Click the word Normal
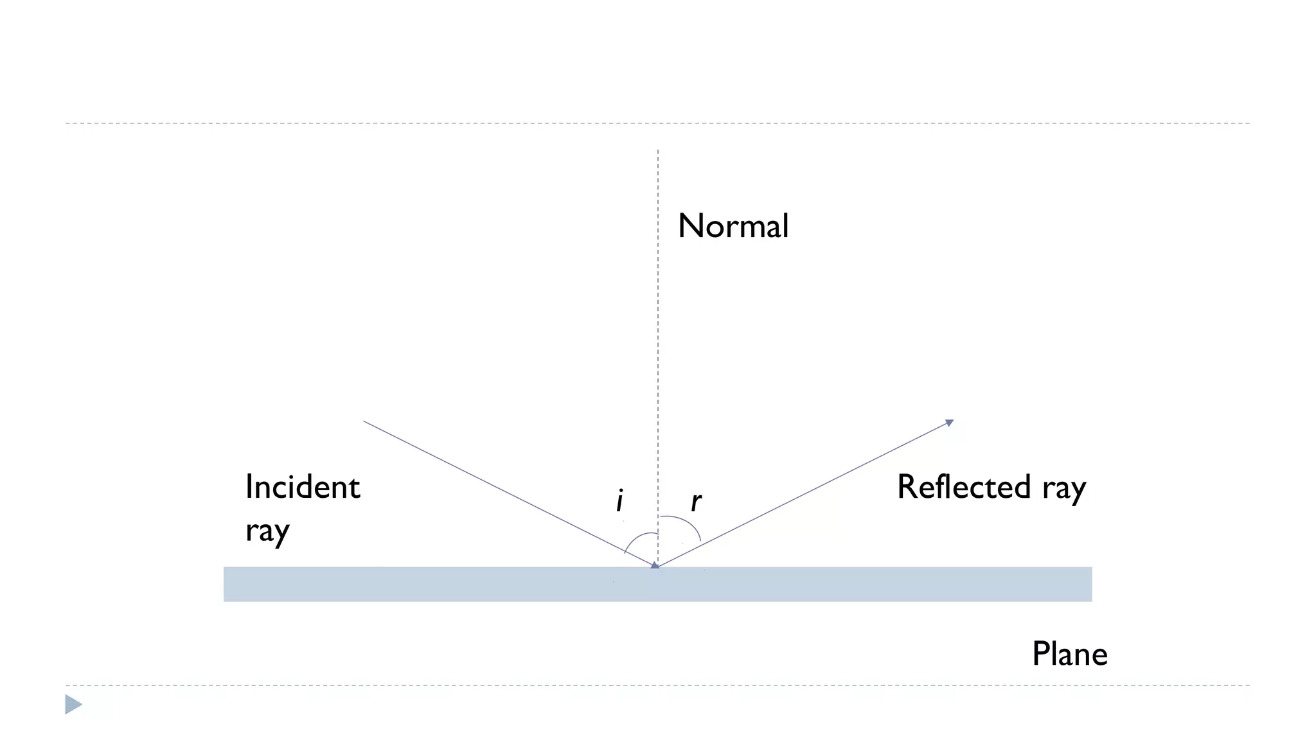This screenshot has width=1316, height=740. coord(733,226)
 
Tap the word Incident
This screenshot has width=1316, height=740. coord(302,487)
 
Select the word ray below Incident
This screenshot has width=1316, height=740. coord(267,531)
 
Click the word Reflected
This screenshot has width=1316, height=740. coord(964,486)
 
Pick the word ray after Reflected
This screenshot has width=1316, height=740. coord(1064,488)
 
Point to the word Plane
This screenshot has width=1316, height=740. coord(1069,654)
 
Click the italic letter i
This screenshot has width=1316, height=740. coord(619,501)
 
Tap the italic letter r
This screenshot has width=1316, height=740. coord(696,502)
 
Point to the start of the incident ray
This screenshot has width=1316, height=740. coord(364,421)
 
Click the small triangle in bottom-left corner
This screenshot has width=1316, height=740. coord(73,705)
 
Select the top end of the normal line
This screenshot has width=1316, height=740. coord(658,152)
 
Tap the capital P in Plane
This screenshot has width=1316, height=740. coord(1040,654)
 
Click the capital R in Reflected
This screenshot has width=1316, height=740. coord(906,486)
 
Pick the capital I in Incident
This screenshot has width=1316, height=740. coord(249,487)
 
